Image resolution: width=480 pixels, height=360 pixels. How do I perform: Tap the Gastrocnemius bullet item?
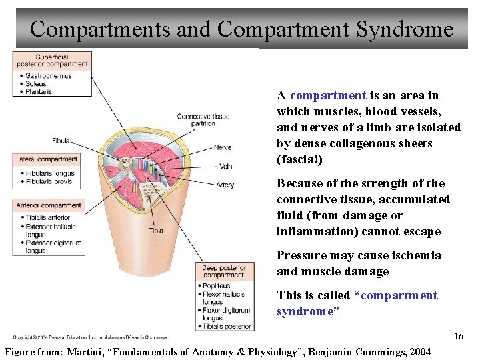click(49, 76)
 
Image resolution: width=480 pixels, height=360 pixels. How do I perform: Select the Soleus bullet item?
click(36, 83)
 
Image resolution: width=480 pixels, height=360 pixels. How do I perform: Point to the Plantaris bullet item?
click(38, 91)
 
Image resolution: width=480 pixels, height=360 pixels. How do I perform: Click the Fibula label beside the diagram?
click(60, 141)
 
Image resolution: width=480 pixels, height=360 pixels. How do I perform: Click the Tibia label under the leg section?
click(156, 231)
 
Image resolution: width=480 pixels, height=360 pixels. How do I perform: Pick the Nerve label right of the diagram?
click(223, 147)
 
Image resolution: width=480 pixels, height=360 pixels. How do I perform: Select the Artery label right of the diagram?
click(225, 185)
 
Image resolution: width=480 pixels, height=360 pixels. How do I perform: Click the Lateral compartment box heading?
click(48, 159)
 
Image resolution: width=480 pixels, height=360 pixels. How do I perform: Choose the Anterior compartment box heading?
click(49, 205)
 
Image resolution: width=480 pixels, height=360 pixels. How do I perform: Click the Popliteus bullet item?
click(217, 286)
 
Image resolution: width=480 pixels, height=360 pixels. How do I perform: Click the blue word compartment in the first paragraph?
click(328, 95)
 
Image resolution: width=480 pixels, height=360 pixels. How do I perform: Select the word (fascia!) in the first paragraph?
click(299, 159)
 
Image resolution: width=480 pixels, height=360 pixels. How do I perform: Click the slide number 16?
click(458, 337)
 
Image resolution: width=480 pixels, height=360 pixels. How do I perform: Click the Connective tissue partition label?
click(203, 120)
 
